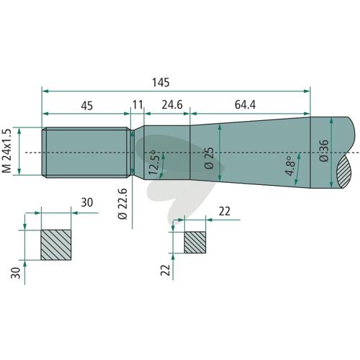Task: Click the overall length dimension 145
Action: click(x=161, y=82)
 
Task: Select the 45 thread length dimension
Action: click(x=86, y=106)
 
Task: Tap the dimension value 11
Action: click(x=138, y=105)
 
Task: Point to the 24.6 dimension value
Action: click(x=172, y=105)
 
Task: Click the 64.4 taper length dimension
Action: click(x=245, y=105)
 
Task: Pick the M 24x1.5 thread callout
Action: click(x=6, y=150)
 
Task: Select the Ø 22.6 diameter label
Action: click(x=122, y=204)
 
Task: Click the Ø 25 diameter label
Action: click(x=209, y=158)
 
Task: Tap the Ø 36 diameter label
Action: click(x=324, y=150)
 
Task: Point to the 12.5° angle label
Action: click(x=153, y=163)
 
